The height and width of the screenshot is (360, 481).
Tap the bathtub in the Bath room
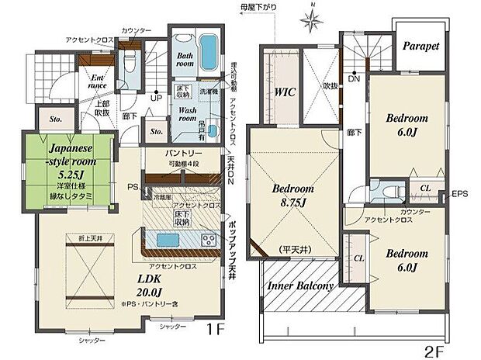209,51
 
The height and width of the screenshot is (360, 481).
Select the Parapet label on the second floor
420,46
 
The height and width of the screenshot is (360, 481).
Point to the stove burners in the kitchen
208,238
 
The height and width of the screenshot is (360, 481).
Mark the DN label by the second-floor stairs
354,79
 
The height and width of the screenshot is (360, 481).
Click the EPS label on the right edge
461,192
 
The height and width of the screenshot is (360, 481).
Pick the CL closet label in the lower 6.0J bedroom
359,258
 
